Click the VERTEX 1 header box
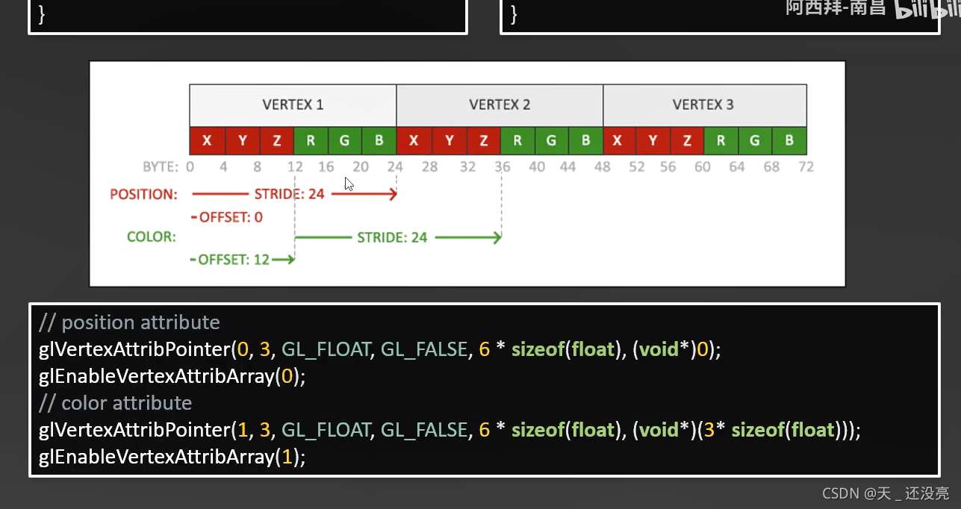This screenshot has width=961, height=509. point(293,105)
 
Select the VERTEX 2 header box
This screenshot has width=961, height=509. point(500,105)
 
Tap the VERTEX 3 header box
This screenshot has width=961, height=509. point(704,105)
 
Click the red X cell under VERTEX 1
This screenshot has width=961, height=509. point(207,140)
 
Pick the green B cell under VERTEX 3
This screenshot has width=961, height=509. point(789,140)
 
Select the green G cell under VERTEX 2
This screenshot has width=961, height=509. point(551,140)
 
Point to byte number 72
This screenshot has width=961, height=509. point(806,166)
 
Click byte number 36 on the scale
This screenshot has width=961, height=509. point(503,166)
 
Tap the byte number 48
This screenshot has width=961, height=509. point(603,166)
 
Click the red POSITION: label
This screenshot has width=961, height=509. point(144,195)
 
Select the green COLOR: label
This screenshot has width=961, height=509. point(152,237)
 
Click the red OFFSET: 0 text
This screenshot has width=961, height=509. point(231,217)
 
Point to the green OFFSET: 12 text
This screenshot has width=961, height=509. point(233,260)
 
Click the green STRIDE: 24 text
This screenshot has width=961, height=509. point(392,237)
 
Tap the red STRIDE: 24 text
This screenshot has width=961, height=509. point(290,195)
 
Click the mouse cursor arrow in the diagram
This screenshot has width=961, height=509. point(349,184)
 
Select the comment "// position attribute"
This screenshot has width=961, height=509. point(129,322)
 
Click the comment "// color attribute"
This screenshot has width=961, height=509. point(115,403)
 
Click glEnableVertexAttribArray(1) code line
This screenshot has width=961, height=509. point(172,457)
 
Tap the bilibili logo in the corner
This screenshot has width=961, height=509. point(926,10)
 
